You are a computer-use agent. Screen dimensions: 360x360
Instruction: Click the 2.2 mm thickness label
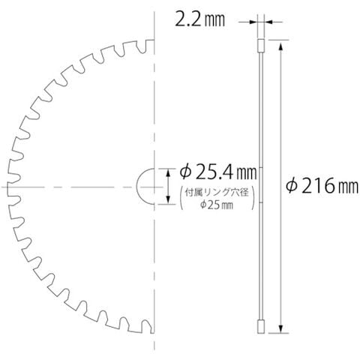[199, 20]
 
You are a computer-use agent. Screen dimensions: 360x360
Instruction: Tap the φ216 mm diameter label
[322, 186]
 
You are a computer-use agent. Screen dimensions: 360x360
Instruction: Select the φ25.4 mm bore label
[218, 172]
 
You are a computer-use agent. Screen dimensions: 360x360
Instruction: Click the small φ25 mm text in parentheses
[217, 205]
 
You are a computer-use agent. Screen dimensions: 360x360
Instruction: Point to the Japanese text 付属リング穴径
[217, 193]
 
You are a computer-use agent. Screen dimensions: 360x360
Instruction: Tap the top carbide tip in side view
[261, 46]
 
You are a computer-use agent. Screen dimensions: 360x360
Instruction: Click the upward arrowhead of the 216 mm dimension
[280, 46]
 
